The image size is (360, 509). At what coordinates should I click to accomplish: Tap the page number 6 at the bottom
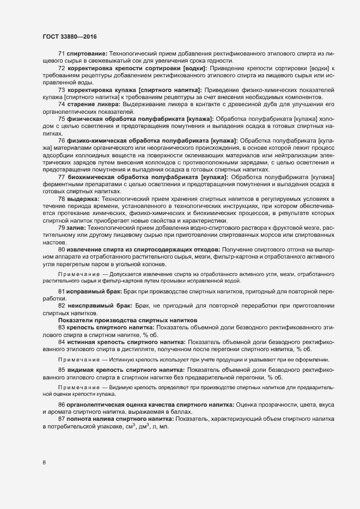tap(44, 463)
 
